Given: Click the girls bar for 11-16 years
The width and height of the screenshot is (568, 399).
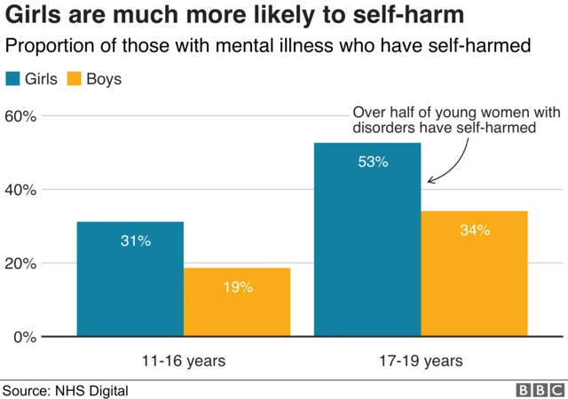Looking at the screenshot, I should (x=130, y=278).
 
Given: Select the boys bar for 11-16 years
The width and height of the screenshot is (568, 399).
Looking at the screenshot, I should (x=236, y=301).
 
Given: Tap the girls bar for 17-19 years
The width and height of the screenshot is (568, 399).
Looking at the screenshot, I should (x=367, y=239).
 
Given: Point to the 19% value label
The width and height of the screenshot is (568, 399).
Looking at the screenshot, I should (x=238, y=287).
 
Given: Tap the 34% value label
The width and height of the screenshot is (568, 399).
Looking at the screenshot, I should (x=475, y=231).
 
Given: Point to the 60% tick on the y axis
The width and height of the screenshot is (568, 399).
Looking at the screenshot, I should (x=20, y=116).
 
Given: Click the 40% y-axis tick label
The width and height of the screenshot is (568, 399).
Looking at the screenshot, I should (x=20, y=190).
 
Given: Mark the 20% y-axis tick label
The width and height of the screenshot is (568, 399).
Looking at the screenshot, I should (x=20, y=263).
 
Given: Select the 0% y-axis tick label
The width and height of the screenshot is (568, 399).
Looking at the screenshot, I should (x=24, y=337).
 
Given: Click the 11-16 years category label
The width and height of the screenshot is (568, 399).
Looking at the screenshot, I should (x=183, y=361).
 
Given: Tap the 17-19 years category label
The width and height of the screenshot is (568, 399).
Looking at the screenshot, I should (x=421, y=361).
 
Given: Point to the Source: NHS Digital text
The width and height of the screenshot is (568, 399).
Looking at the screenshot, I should (x=66, y=390).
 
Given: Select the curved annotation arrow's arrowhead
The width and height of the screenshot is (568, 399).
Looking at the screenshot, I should (x=431, y=180).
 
